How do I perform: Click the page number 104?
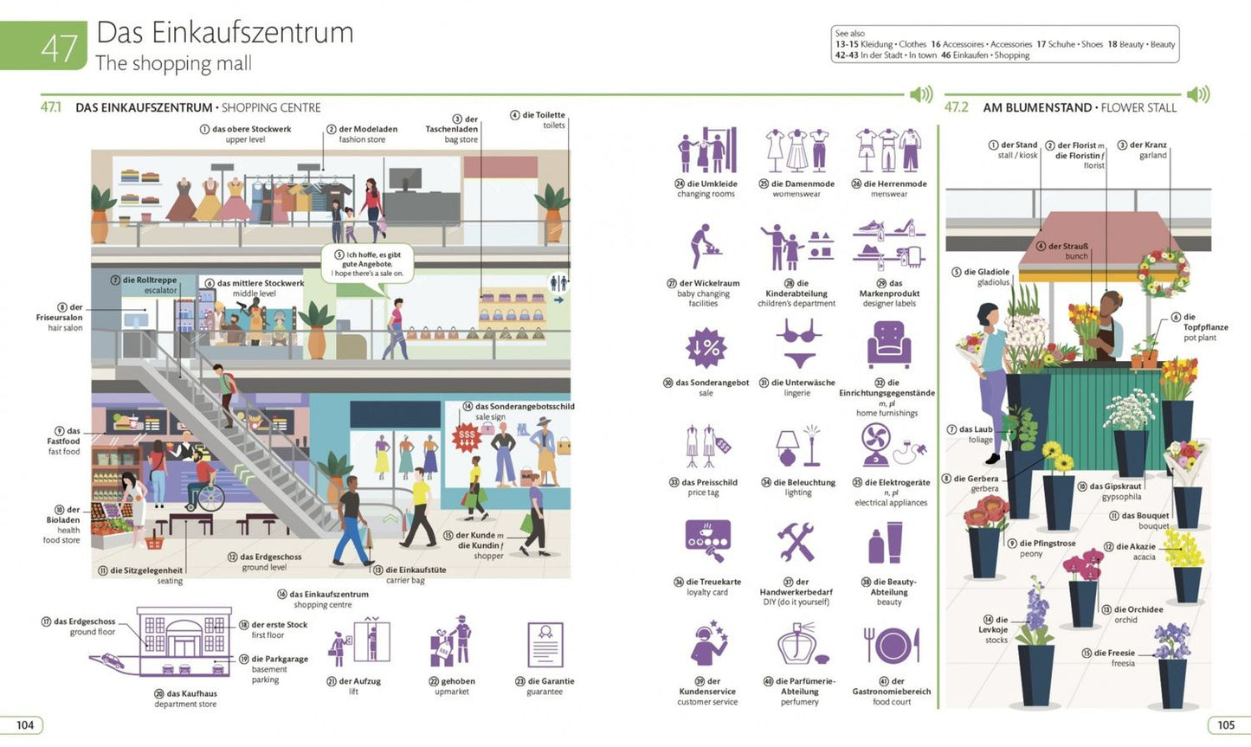25,724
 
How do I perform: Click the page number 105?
1225,724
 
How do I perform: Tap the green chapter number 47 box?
43,46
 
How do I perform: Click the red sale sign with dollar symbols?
467,437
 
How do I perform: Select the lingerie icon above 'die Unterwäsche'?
799,344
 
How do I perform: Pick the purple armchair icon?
889,344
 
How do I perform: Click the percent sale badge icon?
706,348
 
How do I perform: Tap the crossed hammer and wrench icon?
796,542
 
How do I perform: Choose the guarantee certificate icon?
545,645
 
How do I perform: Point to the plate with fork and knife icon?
892,646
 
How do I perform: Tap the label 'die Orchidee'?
1138,609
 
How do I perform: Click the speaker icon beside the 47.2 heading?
1198,94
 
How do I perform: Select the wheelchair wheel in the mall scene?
211,498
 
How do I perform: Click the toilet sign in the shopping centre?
558,283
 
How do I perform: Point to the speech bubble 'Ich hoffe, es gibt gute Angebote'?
367,264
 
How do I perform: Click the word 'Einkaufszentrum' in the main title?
253,32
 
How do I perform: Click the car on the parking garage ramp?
113,661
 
